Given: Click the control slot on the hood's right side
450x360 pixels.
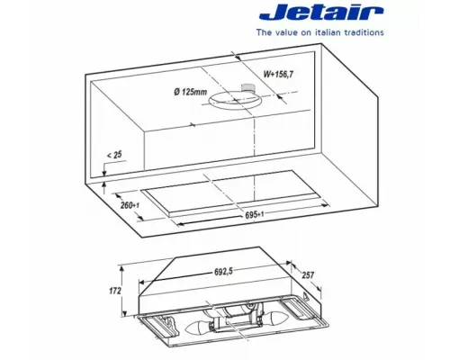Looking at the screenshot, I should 310,295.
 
